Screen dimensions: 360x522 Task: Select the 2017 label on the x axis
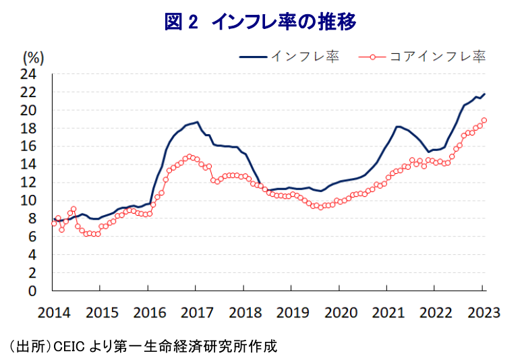196,312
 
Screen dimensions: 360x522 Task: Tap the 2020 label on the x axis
339,312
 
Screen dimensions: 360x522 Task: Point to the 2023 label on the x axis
483,312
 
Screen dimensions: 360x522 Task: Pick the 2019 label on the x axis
291,312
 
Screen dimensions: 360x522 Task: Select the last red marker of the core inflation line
484,121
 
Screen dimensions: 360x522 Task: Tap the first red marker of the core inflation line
54,222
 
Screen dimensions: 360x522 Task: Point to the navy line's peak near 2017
197,122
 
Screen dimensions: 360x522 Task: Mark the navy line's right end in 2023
484,94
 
